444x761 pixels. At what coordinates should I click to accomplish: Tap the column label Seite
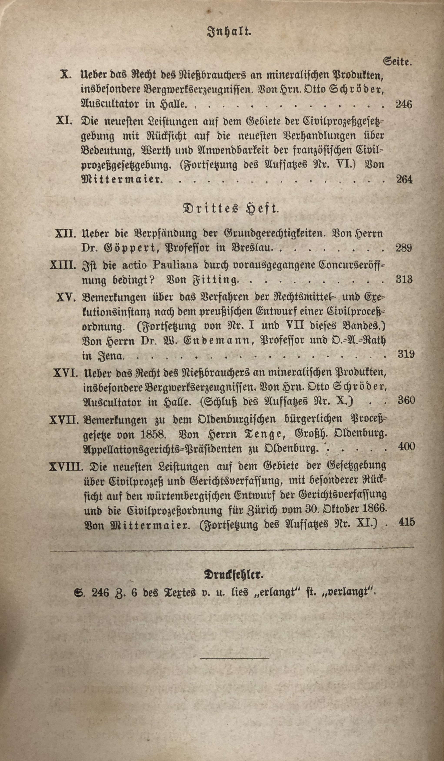397,62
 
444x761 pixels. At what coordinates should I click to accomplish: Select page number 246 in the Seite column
404,104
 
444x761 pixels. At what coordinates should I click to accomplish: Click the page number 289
404,248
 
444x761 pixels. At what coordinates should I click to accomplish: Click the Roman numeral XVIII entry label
66,467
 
